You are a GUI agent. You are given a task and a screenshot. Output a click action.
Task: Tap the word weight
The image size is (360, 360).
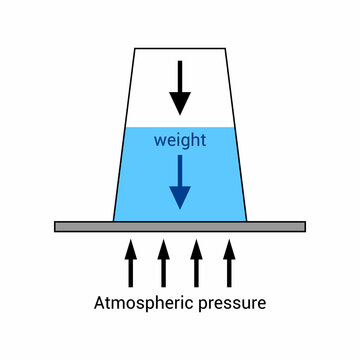[180, 141]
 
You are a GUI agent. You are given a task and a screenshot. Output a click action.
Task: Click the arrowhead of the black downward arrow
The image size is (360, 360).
[180, 102]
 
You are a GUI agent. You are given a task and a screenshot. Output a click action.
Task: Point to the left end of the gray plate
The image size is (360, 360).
[58, 227]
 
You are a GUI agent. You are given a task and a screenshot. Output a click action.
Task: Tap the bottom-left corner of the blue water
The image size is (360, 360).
[116, 219]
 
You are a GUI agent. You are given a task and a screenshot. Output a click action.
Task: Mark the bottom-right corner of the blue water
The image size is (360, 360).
[244, 219]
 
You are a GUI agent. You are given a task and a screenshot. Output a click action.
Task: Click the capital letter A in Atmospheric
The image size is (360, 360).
[99, 301]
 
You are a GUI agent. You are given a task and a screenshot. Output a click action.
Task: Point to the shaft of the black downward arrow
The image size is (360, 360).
[180, 74]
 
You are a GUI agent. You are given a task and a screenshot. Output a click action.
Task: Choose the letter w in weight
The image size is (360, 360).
[159, 141]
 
